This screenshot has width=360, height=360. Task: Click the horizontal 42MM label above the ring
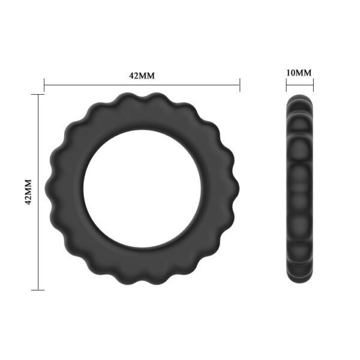click(142, 76)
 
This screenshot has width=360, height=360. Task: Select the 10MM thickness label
click(299, 73)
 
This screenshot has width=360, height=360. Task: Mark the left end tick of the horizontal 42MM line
click(44, 85)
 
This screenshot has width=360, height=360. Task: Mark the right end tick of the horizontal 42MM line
click(239, 85)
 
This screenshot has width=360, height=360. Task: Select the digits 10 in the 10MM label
click(291, 73)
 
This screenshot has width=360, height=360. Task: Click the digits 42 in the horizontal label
click(134, 76)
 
